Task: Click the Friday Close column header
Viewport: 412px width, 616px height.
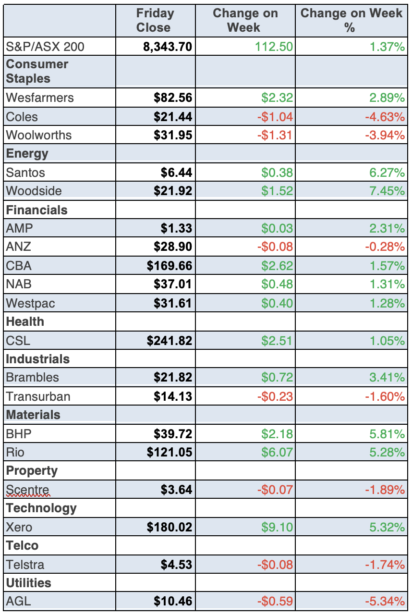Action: pyautogui.click(x=155, y=21)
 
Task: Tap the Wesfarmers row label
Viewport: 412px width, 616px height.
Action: pyautogui.click(x=40, y=98)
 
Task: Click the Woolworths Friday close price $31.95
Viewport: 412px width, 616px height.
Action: pyautogui.click(x=173, y=135)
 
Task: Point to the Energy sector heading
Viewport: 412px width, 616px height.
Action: pyautogui.click(x=27, y=154)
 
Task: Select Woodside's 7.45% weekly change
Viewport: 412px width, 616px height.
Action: pyautogui.click(x=387, y=191)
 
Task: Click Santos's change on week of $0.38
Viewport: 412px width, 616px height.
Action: pyautogui.click(x=277, y=172)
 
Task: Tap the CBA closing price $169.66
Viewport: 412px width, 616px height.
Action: pyautogui.click(x=170, y=266)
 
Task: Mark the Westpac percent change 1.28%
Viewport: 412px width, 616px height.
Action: pyautogui.click(x=387, y=303)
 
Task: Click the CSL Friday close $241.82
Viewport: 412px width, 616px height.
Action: pyautogui.click(x=170, y=341)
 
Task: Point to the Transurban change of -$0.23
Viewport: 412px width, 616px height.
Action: pyautogui.click(x=275, y=396)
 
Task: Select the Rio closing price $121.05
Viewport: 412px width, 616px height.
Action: pyautogui.click(x=170, y=452)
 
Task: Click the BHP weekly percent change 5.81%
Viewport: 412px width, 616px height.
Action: pyautogui.click(x=387, y=434)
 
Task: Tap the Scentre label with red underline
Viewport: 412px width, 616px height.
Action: pyautogui.click(x=27, y=490)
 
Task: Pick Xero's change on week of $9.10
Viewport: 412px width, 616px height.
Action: pyautogui.click(x=277, y=527)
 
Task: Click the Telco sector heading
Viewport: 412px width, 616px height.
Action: pyautogui.click(x=22, y=546)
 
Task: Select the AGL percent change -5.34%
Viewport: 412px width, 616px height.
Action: pyautogui.click(x=385, y=601)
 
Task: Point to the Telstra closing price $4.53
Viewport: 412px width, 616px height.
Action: pyautogui.click(x=176, y=565)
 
